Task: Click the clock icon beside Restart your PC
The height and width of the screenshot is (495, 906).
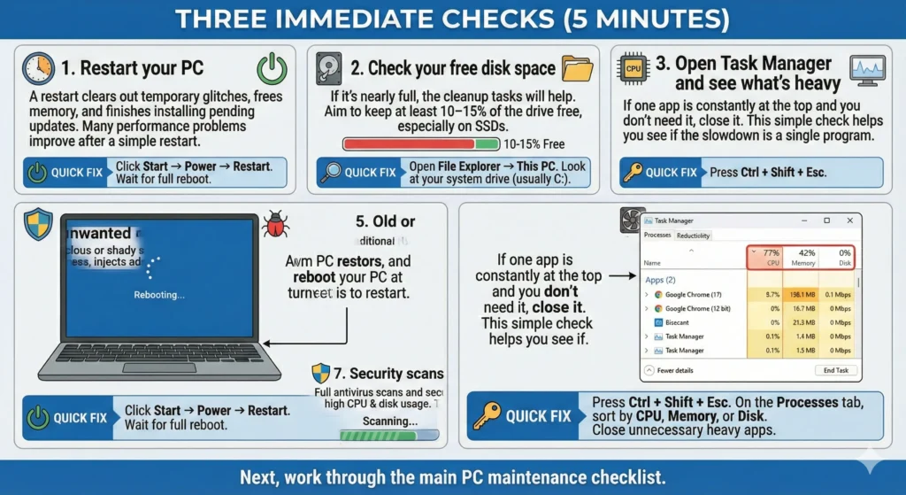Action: tap(39, 68)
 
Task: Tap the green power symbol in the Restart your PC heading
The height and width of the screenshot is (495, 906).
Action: tap(271, 68)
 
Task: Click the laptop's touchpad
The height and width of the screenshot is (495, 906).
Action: tap(159, 367)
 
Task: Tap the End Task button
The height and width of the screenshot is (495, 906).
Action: tap(835, 370)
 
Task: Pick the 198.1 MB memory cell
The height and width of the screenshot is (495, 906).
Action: tap(803, 294)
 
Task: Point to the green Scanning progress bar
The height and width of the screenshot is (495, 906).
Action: tap(390, 435)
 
